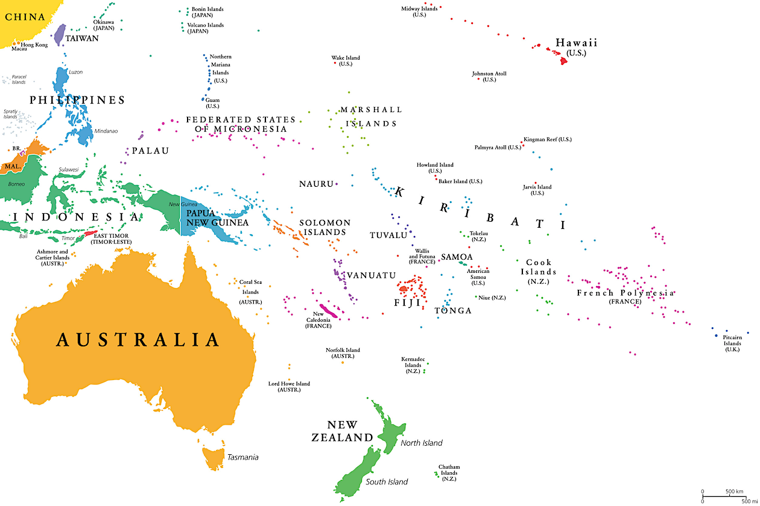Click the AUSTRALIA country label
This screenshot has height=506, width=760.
[138, 340]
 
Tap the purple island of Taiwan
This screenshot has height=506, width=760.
[60, 34]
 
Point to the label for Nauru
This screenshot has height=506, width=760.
[316, 184]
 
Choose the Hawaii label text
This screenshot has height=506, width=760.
[576, 43]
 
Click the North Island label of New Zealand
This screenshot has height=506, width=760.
[421, 443]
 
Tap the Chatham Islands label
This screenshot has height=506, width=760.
[449, 473]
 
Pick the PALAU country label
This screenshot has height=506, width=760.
[151, 151]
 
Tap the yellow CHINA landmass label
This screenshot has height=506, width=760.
[25, 17]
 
